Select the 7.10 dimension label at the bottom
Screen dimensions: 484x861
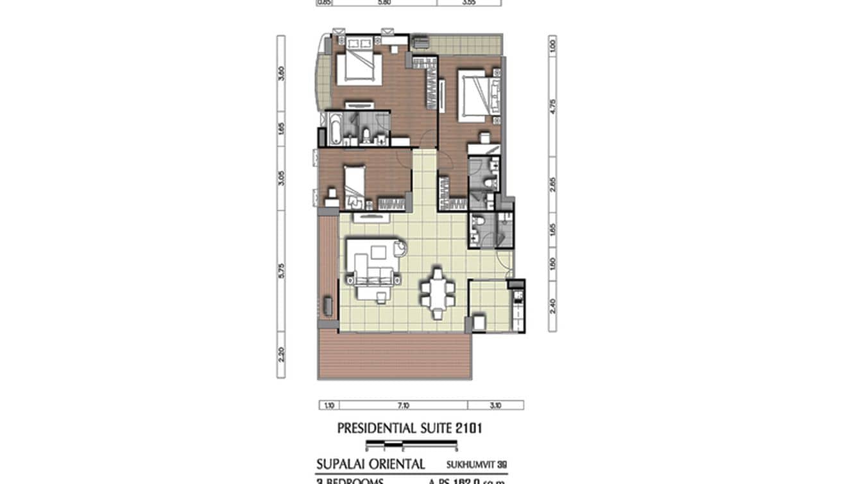pyautogui.click(x=403, y=405)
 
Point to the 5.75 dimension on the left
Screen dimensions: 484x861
pyautogui.click(x=281, y=272)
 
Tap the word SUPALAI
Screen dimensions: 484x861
pyautogui.click(x=343, y=464)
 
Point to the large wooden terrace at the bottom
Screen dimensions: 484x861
pyautogui.click(x=394, y=356)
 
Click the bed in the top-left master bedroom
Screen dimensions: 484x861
pyautogui.click(x=358, y=67)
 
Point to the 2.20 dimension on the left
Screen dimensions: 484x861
pyautogui.click(x=281, y=355)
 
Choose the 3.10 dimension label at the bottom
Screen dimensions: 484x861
pyautogui.click(x=495, y=405)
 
